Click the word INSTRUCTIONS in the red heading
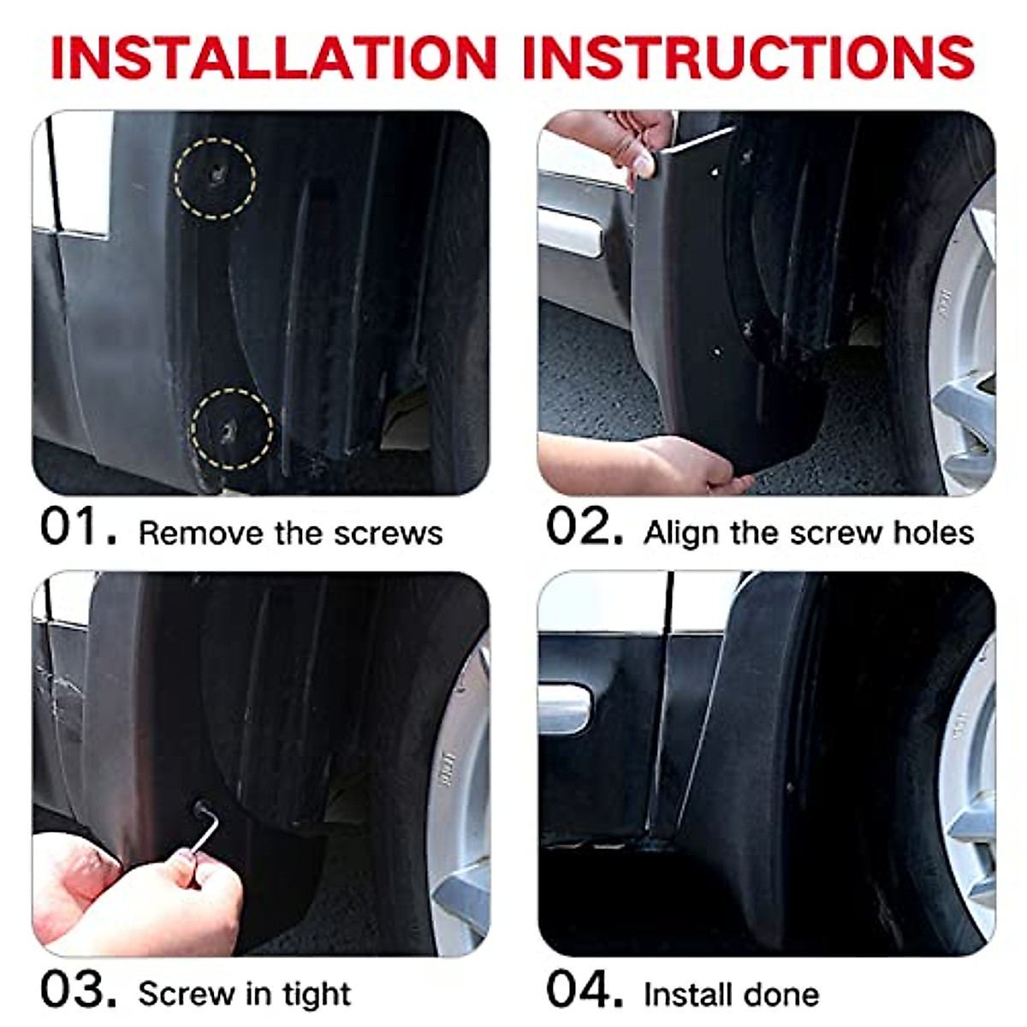point(748,57)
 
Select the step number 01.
point(78,527)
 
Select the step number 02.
point(585,527)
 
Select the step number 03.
point(78,990)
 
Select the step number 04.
point(585,990)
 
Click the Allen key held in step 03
point(205,828)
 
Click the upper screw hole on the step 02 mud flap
point(715,171)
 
